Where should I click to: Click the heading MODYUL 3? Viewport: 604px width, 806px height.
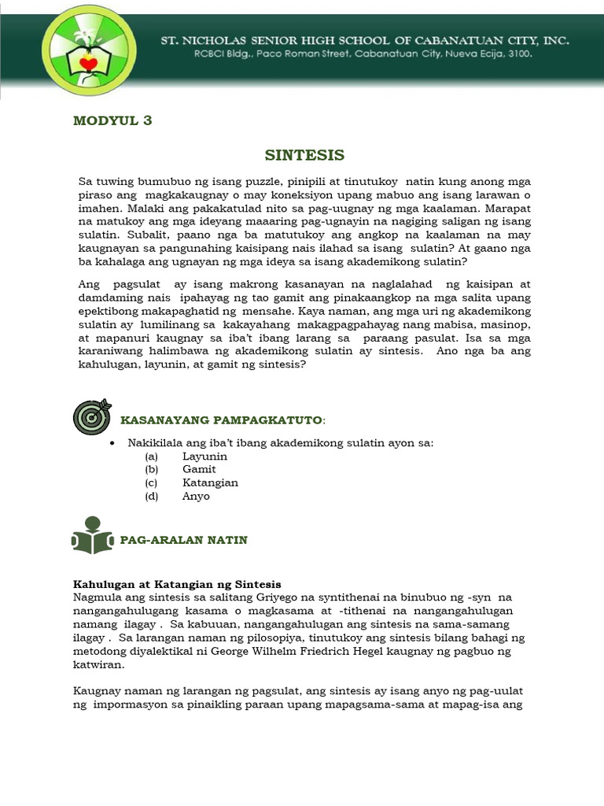[112, 120]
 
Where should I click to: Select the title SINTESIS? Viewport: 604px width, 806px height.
[304, 155]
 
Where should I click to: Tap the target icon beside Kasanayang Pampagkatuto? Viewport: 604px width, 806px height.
[91, 417]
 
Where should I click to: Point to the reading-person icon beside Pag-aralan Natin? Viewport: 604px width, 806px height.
[91, 536]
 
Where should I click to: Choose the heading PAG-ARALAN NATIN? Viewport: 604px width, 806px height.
[183, 540]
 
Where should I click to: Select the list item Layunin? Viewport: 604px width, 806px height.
[204, 457]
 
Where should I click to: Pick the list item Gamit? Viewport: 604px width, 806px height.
[199, 470]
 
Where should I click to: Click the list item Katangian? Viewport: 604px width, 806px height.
[210, 483]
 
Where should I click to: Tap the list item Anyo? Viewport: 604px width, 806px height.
[196, 497]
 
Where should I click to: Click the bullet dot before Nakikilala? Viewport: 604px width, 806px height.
[114, 443]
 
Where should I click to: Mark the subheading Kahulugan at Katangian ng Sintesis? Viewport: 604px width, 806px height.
[177, 585]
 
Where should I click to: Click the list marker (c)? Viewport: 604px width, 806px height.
[152, 483]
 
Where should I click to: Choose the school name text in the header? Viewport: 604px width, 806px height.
[359, 40]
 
